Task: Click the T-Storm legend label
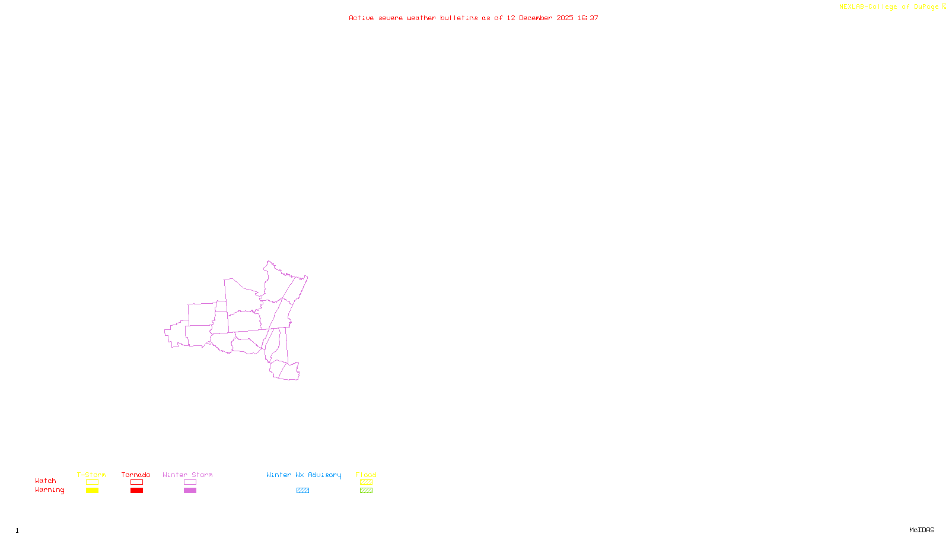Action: [91, 475]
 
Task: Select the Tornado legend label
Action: [136, 475]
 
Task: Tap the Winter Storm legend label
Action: [187, 475]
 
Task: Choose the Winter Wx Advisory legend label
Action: [304, 475]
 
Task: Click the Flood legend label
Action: [366, 475]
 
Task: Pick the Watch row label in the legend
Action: [46, 481]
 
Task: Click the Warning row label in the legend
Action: [50, 490]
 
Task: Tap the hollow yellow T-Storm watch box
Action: [92, 482]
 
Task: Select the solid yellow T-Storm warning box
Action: [92, 491]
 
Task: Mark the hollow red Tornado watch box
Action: [136, 482]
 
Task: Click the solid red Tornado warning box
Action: [136, 491]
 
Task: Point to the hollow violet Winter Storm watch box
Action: [190, 482]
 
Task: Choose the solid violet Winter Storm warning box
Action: [190, 491]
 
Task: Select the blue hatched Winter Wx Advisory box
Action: [302, 491]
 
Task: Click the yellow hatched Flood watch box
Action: [366, 482]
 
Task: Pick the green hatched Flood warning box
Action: [366, 491]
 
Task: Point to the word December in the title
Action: [536, 18]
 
